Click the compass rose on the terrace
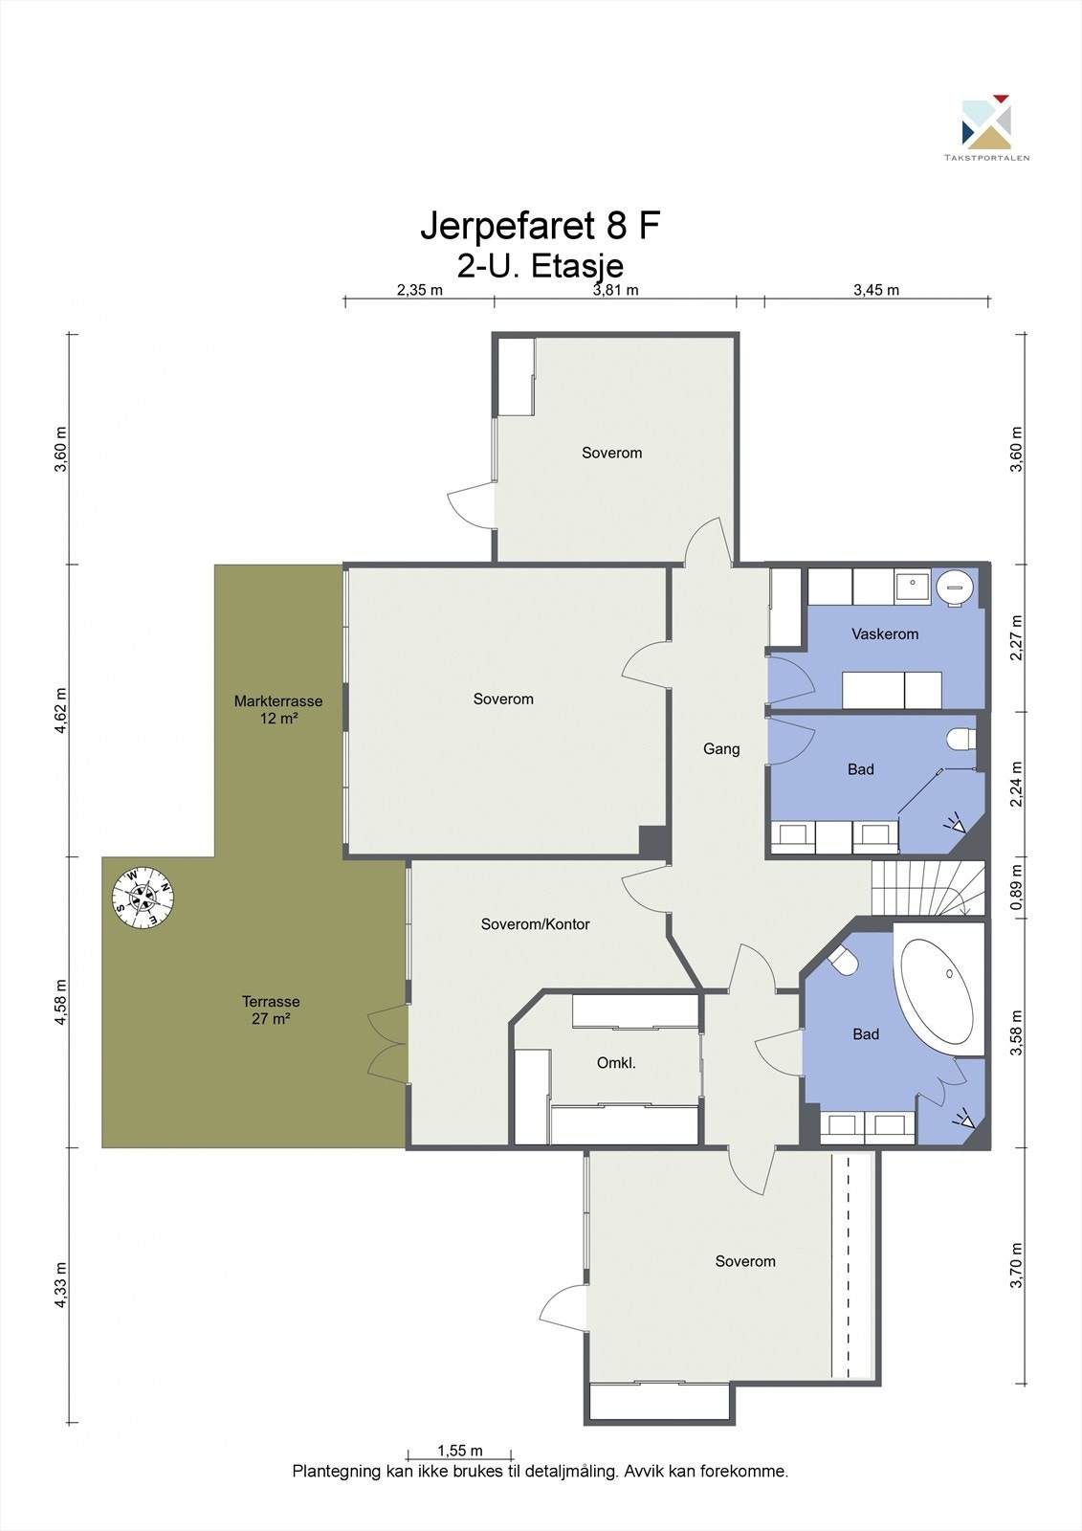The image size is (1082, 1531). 144,898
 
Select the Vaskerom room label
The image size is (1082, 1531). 885,633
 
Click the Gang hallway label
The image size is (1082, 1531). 721,749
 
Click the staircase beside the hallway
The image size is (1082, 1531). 928,888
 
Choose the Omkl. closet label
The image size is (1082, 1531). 616,1063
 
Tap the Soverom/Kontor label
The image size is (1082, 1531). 535,924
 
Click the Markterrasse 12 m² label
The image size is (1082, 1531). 278,709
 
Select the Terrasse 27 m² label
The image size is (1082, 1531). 271,1010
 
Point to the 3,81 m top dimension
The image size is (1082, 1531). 615,290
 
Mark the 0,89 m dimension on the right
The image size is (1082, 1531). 1018,887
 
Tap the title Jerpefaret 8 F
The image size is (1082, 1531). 540,226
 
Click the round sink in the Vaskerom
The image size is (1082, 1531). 954,586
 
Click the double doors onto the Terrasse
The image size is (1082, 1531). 387,1042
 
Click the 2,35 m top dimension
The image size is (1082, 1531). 420,290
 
